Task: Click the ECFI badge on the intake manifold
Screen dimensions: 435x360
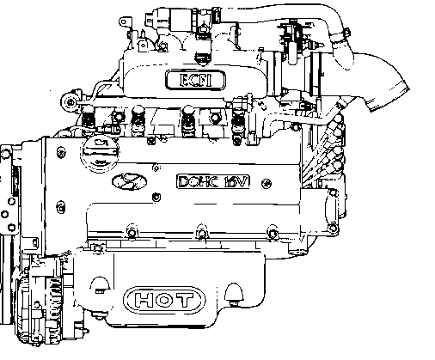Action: click(195, 80)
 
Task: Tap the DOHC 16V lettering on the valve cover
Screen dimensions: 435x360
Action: click(213, 181)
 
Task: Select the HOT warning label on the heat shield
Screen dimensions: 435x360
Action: click(164, 300)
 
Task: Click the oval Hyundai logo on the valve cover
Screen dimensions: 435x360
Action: click(129, 181)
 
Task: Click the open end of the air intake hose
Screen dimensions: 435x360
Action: click(389, 97)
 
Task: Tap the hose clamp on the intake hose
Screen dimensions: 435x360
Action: click(339, 37)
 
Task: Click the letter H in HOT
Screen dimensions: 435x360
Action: click(143, 300)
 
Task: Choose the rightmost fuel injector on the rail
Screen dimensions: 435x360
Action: click(238, 122)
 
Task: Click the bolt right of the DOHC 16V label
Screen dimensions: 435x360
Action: click(267, 183)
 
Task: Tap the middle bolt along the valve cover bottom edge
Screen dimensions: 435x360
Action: click(202, 233)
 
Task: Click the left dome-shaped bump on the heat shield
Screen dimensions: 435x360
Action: click(100, 285)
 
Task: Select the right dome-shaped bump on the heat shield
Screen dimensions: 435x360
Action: click(235, 293)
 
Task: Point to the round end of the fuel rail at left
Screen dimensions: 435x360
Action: click(70, 101)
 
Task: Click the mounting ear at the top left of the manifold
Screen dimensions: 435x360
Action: click(126, 22)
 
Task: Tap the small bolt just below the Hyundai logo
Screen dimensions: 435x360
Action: click(156, 197)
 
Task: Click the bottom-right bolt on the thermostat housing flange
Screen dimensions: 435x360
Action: click(333, 228)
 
